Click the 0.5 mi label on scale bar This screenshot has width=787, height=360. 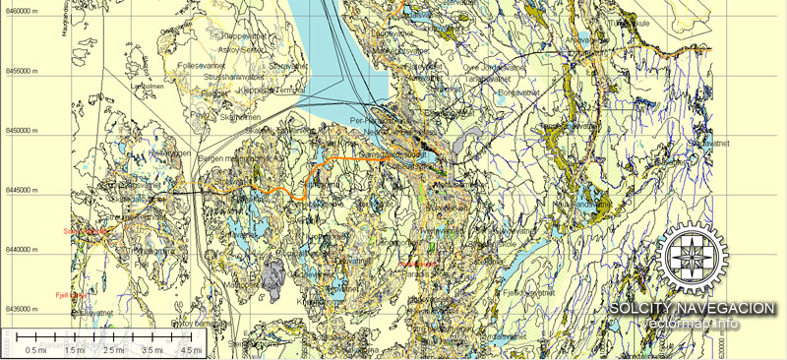coord(37,349)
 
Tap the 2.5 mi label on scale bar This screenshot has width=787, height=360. coord(114,349)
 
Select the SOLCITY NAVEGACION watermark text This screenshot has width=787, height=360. coord(692,309)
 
